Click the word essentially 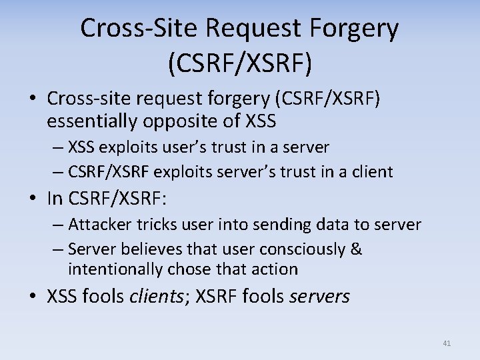[x=91, y=121]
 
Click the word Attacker [x=97, y=225]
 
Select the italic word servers [x=319, y=297]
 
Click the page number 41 [x=447, y=343]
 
